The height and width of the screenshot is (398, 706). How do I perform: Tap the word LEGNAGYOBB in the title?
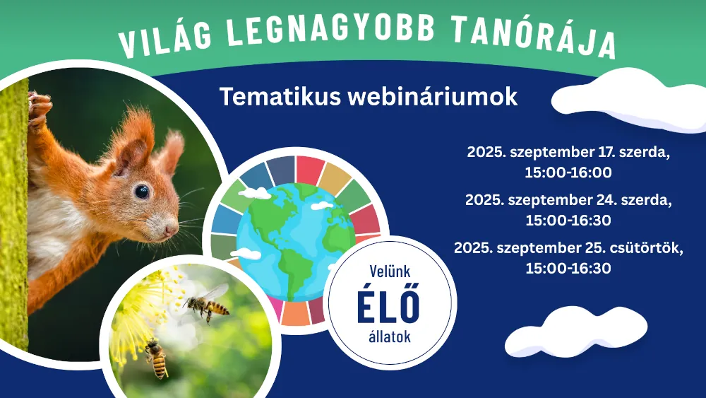pyautogui.click(x=330, y=29)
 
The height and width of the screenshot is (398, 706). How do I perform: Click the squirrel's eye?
pyautogui.click(x=141, y=191)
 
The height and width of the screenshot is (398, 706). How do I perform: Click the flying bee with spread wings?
pyautogui.click(x=208, y=303)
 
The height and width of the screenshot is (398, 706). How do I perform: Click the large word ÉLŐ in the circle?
pyautogui.click(x=388, y=303)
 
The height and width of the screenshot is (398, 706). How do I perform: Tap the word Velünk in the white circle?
pyautogui.click(x=390, y=271)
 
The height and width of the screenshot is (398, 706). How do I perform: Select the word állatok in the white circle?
pyautogui.click(x=390, y=336)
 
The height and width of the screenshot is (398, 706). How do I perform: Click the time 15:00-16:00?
pyautogui.click(x=568, y=172)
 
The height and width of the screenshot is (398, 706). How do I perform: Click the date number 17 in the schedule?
pyautogui.click(x=607, y=152)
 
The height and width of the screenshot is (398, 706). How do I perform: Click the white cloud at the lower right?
pyautogui.click(x=575, y=332)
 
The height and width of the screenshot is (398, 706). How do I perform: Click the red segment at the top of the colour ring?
pyautogui.click(x=310, y=170)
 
